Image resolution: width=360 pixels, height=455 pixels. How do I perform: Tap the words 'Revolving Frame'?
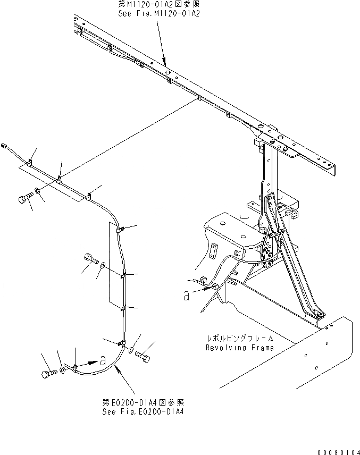click(240, 348)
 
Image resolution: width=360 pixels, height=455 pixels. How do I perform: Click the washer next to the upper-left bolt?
click(38, 190)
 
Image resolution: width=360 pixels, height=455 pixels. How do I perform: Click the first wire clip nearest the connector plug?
click(30, 163)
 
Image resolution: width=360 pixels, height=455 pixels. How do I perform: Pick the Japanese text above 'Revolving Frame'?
click(240, 338)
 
